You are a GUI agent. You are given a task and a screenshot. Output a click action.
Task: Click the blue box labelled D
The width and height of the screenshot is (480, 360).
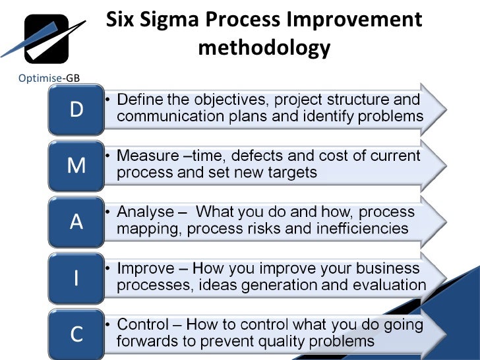coord(76,109)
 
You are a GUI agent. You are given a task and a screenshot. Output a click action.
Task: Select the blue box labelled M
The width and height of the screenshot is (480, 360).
coord(76,165)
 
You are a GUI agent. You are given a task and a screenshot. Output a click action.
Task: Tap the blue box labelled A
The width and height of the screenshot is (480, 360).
coord(76,222)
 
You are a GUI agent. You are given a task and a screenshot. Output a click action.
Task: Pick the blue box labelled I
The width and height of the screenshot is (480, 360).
coord(76,278)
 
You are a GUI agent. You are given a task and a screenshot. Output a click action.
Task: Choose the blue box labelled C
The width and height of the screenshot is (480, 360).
coord(76,334)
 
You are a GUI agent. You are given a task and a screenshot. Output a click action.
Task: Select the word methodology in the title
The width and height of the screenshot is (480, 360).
coord(264,48)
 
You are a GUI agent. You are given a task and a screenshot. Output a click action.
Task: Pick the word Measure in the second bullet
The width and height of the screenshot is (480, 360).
coord(147,156)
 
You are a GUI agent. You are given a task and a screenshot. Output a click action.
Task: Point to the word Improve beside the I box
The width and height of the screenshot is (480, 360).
coord(146,268)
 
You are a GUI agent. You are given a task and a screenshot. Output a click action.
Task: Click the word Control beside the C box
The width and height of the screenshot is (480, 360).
coord(144,324)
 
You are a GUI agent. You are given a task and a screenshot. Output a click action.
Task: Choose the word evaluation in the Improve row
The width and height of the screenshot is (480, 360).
coord(389,285)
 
